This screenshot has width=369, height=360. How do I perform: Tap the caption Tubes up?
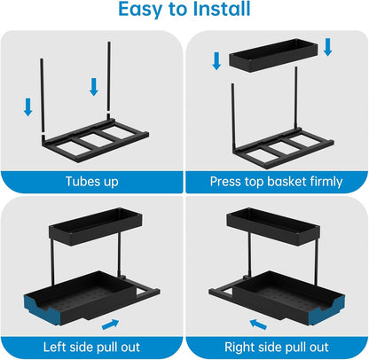click(92, 183)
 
